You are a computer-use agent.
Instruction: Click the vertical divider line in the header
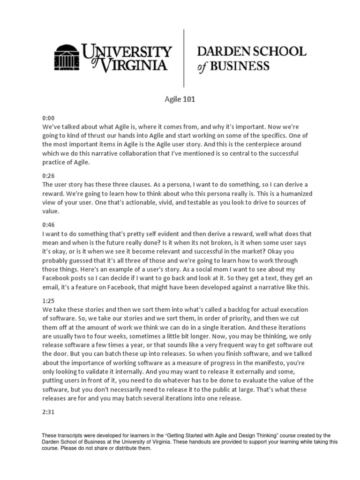pyautogui.click(x=183, y=58)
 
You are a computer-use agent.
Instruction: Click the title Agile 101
pyautogui.click(x=180, y=99)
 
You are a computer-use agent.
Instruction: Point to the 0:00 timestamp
pyautogui.click(x=48, y=119)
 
